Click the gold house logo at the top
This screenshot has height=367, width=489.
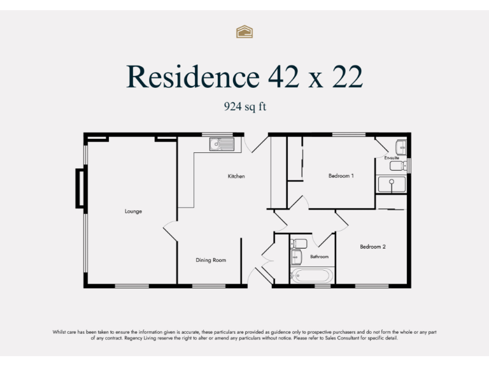pyautogui.click(x=244, y=32)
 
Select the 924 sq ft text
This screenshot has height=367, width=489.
pyautogui.click(x=244, y=107)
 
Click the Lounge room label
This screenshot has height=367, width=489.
pyautogui.click(x=133, y=211)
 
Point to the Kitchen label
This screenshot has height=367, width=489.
pyautogui.click(x=236, y=176)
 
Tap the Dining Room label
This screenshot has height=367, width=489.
pyautogui.click(x=211, y=260)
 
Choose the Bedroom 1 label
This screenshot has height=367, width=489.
pyautogui.click(x=341, y=176)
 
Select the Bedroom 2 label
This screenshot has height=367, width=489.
pyautogui.click(x=372, y=247)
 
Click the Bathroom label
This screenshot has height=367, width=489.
pyautogui.click(x=319, y=257)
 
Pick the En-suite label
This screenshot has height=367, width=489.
pyautogui.click(x=392, y=157)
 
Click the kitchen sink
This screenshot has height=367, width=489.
pyautogui.click(x=222, y=145)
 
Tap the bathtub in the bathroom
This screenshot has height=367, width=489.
pyautogui.click(x=312, y=277)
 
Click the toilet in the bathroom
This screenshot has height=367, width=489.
pyautogui.click(x=299, y=243)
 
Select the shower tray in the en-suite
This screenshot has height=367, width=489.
pyautogui.click(x=392, y=185)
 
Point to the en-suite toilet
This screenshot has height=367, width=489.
pyautogui.click(x=397, y=166)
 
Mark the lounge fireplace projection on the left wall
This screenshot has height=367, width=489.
pyautogui.click(x=80, y=188)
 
